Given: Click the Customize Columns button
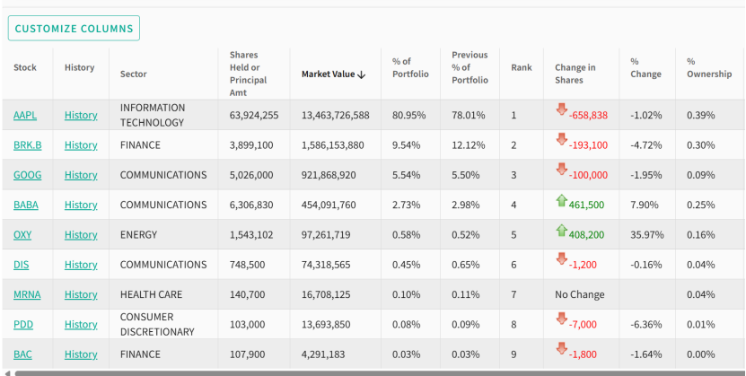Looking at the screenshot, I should click(x=74, y=29).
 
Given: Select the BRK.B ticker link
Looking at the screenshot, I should click(x=27, y=145).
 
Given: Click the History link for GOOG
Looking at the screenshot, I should click(x=81, y=175).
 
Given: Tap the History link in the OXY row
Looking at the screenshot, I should click(x=81, y=235).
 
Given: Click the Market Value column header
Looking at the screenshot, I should click(x=333, y=74).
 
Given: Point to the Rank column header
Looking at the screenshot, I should click(x=521, y=67).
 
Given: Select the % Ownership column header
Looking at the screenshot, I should click(x=709, y=67).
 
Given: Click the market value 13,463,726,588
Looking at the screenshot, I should click(x=335, y=115).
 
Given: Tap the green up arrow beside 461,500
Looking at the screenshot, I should click(x=561, y=203).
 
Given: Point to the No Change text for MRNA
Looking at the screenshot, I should click(x=579, y=294).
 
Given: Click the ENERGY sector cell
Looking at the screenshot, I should click(x=138, y=235).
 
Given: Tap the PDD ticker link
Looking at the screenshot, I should click(x=23, y=325).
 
